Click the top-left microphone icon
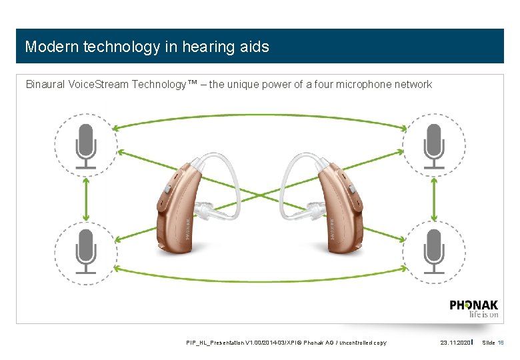[85, 145]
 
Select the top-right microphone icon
[434, 145]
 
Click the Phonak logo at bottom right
[473, 309]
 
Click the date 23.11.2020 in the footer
[456, 343]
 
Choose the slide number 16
[500, 343]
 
